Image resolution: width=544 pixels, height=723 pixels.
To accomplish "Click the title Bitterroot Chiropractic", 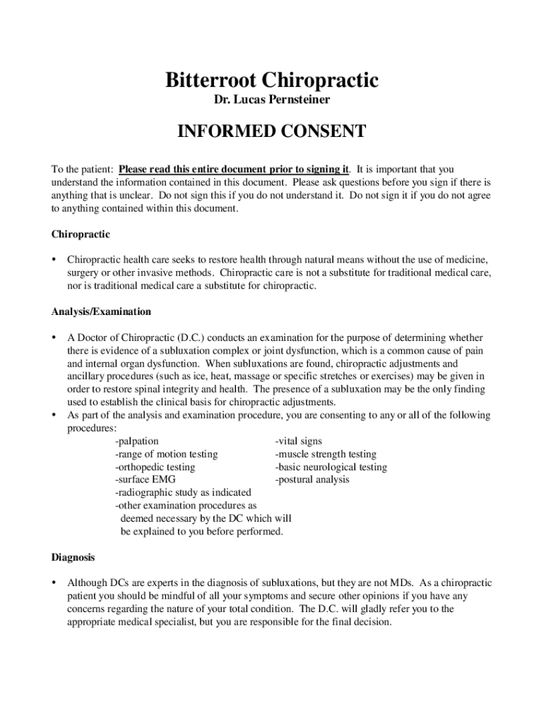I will coord(272,80).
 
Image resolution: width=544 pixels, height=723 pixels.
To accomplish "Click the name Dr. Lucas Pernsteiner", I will coord(272,101).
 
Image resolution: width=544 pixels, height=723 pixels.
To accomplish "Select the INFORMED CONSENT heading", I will coord(272,132).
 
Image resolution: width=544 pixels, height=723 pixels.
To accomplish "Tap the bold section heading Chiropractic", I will coord(81,234).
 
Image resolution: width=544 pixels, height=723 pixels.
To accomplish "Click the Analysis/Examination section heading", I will coord(101,311).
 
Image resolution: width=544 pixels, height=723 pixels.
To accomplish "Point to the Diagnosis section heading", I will coord(73,557).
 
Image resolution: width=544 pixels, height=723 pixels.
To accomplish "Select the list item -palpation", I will coord(137,441).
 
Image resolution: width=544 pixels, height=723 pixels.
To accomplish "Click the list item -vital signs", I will coord(299,441).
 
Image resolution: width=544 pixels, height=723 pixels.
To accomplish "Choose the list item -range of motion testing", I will coord(167,454).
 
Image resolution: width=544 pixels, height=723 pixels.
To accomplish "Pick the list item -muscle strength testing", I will coord(326,454).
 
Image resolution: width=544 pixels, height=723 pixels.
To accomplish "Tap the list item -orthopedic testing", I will coord(155,467).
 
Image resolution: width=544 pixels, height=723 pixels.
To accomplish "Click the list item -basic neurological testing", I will coord(331,467).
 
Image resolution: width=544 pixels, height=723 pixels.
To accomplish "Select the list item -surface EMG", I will coord(146,479).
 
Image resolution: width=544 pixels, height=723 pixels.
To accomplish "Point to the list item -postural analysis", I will coord(312,479).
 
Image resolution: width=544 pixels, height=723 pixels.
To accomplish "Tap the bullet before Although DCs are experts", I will coord(54,583).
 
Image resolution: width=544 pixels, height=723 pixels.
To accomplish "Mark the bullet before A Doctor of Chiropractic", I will coord(54,337).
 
